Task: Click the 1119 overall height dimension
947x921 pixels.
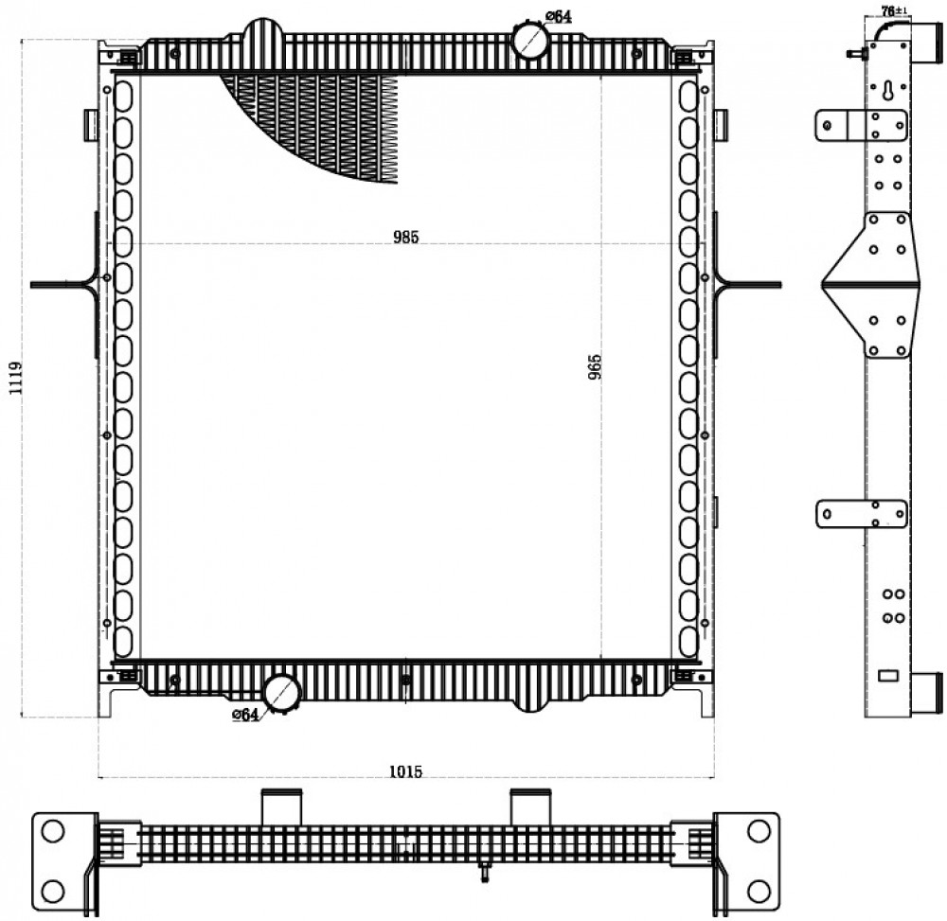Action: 16,379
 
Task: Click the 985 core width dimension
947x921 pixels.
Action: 406,238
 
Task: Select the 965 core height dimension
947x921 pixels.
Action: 595,367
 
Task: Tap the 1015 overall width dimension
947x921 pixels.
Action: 406,771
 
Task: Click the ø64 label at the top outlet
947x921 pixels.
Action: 559,16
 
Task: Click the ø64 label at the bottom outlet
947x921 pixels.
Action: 245,716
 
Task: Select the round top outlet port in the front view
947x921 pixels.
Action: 529,39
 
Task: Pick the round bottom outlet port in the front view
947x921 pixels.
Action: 282,694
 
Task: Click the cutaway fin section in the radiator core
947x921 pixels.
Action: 320,121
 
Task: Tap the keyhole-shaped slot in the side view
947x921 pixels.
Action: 887,91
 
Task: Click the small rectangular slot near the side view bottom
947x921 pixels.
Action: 888,676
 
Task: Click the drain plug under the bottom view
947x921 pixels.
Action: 484,874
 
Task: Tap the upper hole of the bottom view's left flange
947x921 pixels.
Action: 52,832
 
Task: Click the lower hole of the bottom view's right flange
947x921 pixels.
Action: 759,891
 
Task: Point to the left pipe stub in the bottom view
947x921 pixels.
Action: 281,806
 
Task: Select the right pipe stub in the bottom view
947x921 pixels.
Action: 530,806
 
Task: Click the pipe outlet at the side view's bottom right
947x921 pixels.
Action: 927,694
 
